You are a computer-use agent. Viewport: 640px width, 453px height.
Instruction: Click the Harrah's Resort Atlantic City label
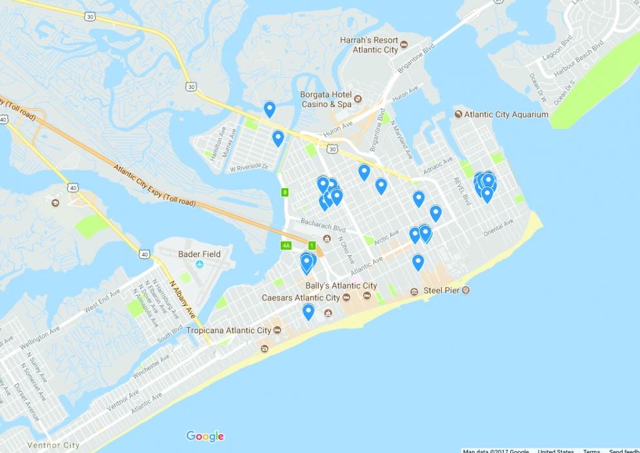click(x=368, y=44)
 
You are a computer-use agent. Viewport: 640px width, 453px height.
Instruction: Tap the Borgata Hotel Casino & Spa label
click(x=326, y=99)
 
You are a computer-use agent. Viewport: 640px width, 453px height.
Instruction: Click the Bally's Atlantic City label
click(x=341, y=285)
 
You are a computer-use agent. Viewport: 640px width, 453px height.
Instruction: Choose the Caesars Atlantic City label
click(x=301, y=298)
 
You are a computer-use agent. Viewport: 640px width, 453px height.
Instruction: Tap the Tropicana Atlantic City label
click(x=228, y=331)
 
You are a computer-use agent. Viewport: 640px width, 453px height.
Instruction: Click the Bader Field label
click(x=199, y=254)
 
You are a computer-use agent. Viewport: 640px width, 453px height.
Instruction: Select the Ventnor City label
click(x=53, y=445)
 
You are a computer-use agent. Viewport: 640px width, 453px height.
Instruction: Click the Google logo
click(x=205, y=436)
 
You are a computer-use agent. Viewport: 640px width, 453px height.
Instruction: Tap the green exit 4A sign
click(x=286, y=246)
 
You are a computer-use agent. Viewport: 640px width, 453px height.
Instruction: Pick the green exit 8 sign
click(x=285, y=192)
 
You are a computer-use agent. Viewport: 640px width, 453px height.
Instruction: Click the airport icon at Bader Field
click(x=199, y=265)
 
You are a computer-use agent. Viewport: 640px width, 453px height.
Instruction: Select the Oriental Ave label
click(x=498, y=226)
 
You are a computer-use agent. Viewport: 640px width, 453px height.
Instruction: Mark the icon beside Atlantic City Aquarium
click(x=458, y=115)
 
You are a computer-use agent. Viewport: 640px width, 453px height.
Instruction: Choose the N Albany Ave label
click(x=182, y=298)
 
